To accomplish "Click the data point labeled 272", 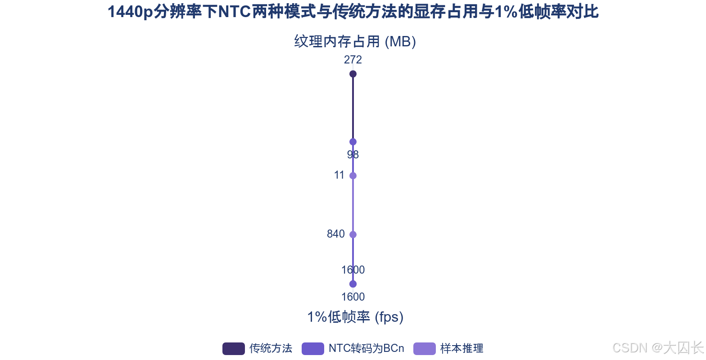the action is pyautogui.click(x=353, y=74).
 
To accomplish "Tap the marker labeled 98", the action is pyautogui.click(x=353, y=142).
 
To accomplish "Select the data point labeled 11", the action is pyautogui.click(x=353, y=175).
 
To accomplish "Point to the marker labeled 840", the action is pyautogui.click(x=353, y=234).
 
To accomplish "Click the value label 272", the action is pyautogui.click(x=353, y=60).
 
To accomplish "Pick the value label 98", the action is pyautogui.click(x=353, y=155).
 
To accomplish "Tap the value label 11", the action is pyautogui.click(x=339, y=175).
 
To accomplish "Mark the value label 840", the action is pyautogui.click(x=335, y=234).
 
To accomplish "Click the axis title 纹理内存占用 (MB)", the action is pyautogui.click(x=355, y=42).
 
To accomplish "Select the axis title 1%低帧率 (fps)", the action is pyautogui.click(x=355, y=317).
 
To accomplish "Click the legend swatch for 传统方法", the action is pyautogui.click(x=233, y=349).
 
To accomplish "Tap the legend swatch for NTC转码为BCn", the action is pyautogui.click(x=312, y=349).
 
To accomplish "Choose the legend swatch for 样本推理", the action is pyautogui.click(x=424, y=349).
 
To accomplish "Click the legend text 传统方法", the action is pyautogui.click(x=271, y=349).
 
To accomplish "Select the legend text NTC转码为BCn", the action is pyautogui.click(x=366, y=349).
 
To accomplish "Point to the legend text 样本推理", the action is pyautogui.click(x=462, y=349).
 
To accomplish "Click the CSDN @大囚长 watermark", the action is pyautogui.click(x=657, y=347).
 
